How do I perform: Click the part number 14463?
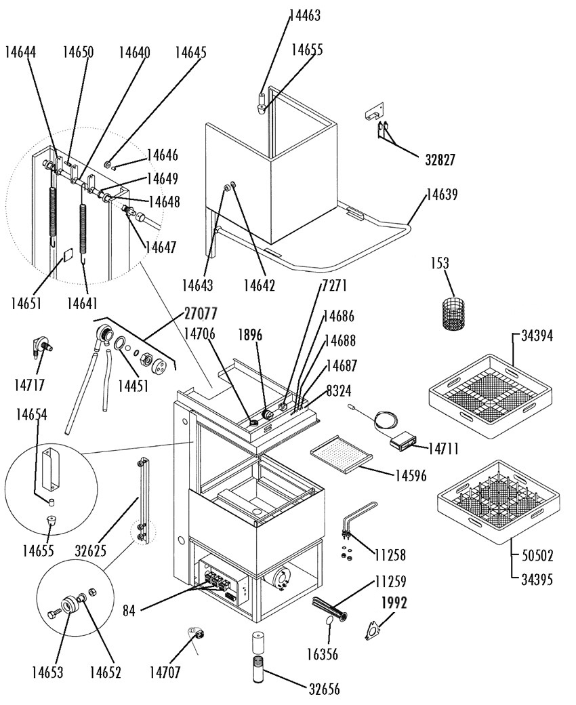coord(305,16)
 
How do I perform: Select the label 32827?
coord(440,159)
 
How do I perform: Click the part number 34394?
coord(537,336)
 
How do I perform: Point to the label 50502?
coord(537,556)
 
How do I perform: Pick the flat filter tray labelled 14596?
coord(342,454)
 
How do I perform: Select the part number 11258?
coord(390,555)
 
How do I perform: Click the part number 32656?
coord(324,689)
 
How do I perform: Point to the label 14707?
coord(165,672)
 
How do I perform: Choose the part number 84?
coord(129,611)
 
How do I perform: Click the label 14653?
coord(47,672)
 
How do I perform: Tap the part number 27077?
coord(201,313)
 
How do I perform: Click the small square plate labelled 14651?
coord(67,254)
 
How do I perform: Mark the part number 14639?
coord(442,195)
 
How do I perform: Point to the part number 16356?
coord(322,654)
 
